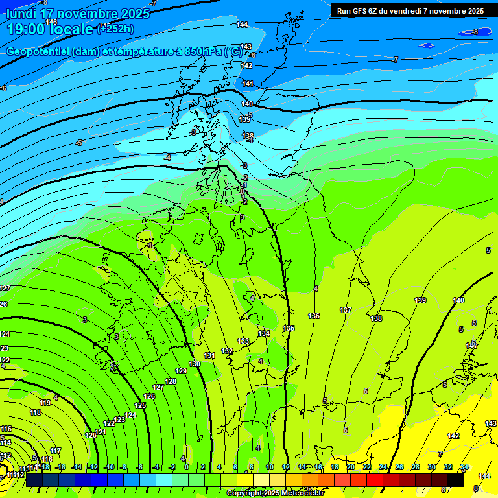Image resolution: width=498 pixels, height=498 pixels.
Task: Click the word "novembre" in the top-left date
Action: click(75, 14)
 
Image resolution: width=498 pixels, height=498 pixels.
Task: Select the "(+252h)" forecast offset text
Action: click(115, 29)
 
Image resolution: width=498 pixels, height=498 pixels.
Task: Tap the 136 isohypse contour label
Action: click(314, 316)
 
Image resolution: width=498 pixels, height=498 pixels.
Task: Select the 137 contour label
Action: click(346, 310)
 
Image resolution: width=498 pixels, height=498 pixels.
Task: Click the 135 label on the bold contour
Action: click(289, 328)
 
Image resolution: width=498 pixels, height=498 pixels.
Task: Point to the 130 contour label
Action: click(195, 364)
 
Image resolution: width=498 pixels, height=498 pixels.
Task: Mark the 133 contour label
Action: click(243, 341)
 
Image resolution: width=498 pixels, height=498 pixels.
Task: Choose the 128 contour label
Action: click(171, 381)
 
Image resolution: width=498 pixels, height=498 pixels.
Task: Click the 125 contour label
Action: click(140, 405)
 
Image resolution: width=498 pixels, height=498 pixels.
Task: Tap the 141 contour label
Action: click(247, 84)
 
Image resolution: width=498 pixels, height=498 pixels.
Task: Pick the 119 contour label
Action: click(45, 403)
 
